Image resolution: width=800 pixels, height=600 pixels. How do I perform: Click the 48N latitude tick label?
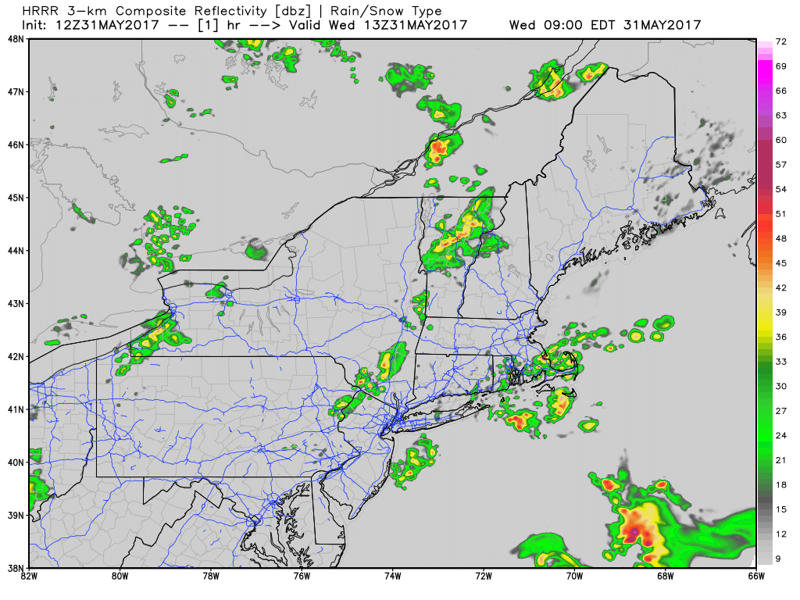(16, 38)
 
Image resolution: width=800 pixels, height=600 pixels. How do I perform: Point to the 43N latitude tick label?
(16, 303)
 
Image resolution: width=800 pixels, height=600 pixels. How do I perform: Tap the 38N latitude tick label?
(16, 567)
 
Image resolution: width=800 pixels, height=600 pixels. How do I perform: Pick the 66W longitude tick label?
(755, 577)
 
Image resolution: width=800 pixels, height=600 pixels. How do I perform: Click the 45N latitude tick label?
(16, 197)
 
